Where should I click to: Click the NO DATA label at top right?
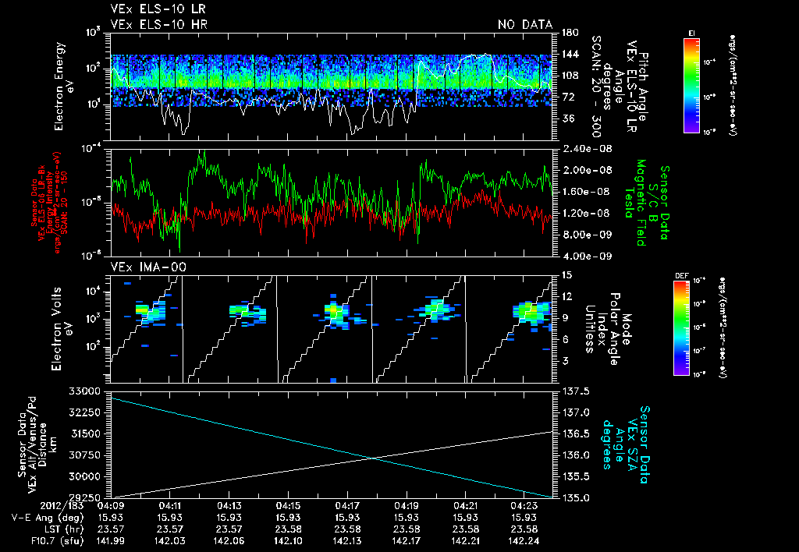click(524, 24)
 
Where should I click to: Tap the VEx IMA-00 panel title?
click(141, 267)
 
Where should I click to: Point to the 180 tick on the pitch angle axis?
click(569, 32)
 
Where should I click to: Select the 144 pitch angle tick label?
click(569, 54)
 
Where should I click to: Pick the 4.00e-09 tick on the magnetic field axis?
click(581, 256)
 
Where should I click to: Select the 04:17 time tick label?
click(346, 506)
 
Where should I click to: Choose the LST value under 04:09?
click(110, 529)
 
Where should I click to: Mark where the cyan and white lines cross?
click(374, 458)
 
